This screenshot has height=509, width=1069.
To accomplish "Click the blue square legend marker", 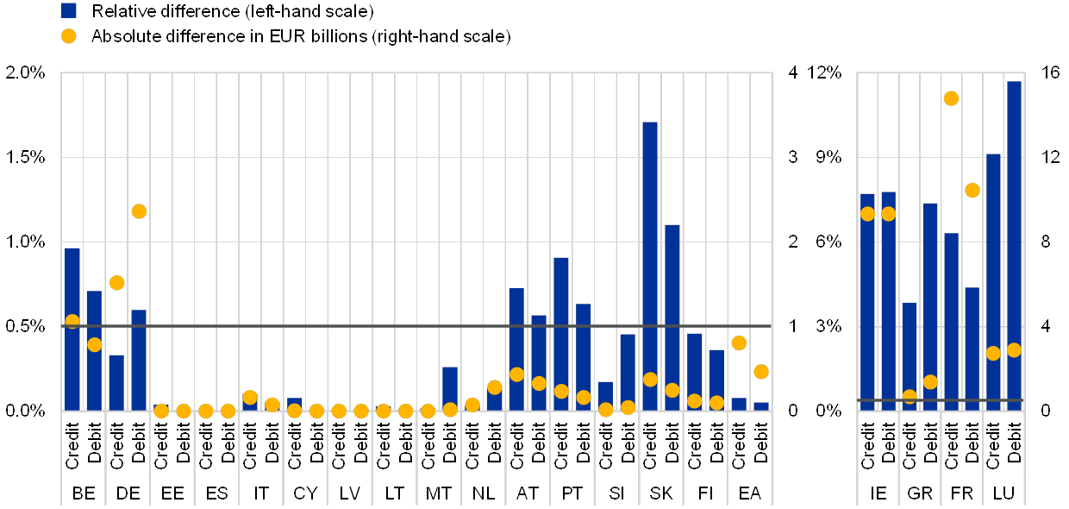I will point(69,10).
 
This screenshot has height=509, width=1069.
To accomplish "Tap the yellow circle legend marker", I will point(69,36).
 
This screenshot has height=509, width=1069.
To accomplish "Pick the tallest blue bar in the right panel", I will point(1014,246).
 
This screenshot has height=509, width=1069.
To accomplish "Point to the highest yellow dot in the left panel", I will point(139,211).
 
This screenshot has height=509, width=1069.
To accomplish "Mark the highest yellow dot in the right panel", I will point(951,98).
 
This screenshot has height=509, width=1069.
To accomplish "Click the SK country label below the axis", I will point(661,493).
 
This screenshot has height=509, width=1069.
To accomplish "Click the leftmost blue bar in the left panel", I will point(72,329).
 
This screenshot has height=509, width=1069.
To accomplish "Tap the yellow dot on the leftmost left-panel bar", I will point(72,322).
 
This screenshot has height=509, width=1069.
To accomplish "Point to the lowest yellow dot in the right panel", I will point(910,397).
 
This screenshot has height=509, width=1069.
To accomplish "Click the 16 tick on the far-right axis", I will point(1050,72).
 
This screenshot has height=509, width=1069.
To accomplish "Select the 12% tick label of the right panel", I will point(826,72).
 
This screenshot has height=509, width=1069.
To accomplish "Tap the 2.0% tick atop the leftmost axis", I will point(26,72).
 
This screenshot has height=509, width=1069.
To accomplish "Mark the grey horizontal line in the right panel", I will point(940,400).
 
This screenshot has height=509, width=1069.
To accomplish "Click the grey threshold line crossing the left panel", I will point(414,326).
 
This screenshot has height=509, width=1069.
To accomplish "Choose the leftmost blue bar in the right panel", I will point(867,302).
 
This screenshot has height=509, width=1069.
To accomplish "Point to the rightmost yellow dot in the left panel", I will point(760,372).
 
